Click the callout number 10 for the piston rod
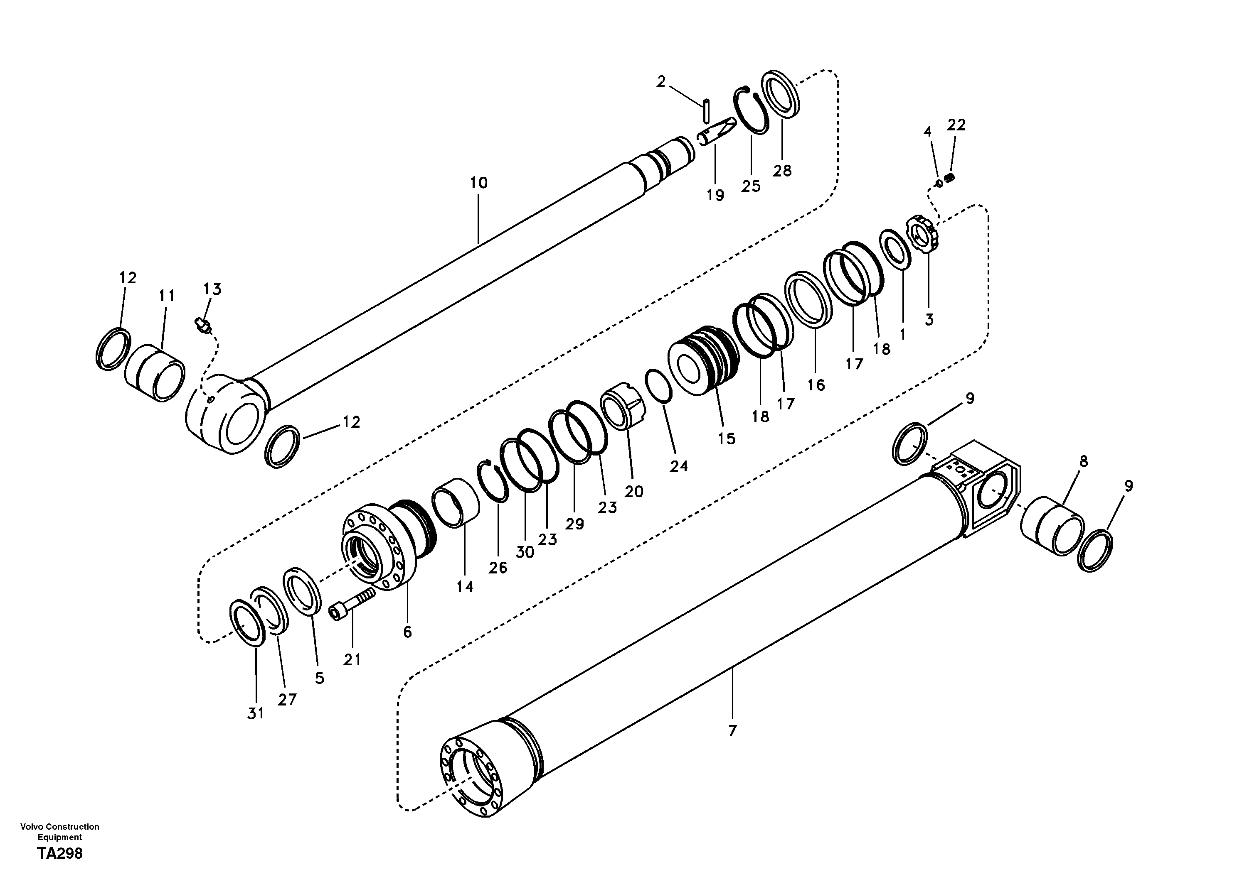(478, 183)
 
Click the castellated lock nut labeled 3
(926, 235)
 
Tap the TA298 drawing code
(60, 854)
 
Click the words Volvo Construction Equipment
(60, 832)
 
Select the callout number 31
(255, 714)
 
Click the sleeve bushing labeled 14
(456, 503)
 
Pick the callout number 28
(782, 171)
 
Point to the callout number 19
(715, 196)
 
